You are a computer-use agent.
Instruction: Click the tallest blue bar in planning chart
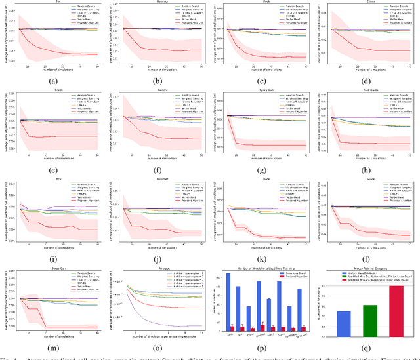[228, 301]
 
